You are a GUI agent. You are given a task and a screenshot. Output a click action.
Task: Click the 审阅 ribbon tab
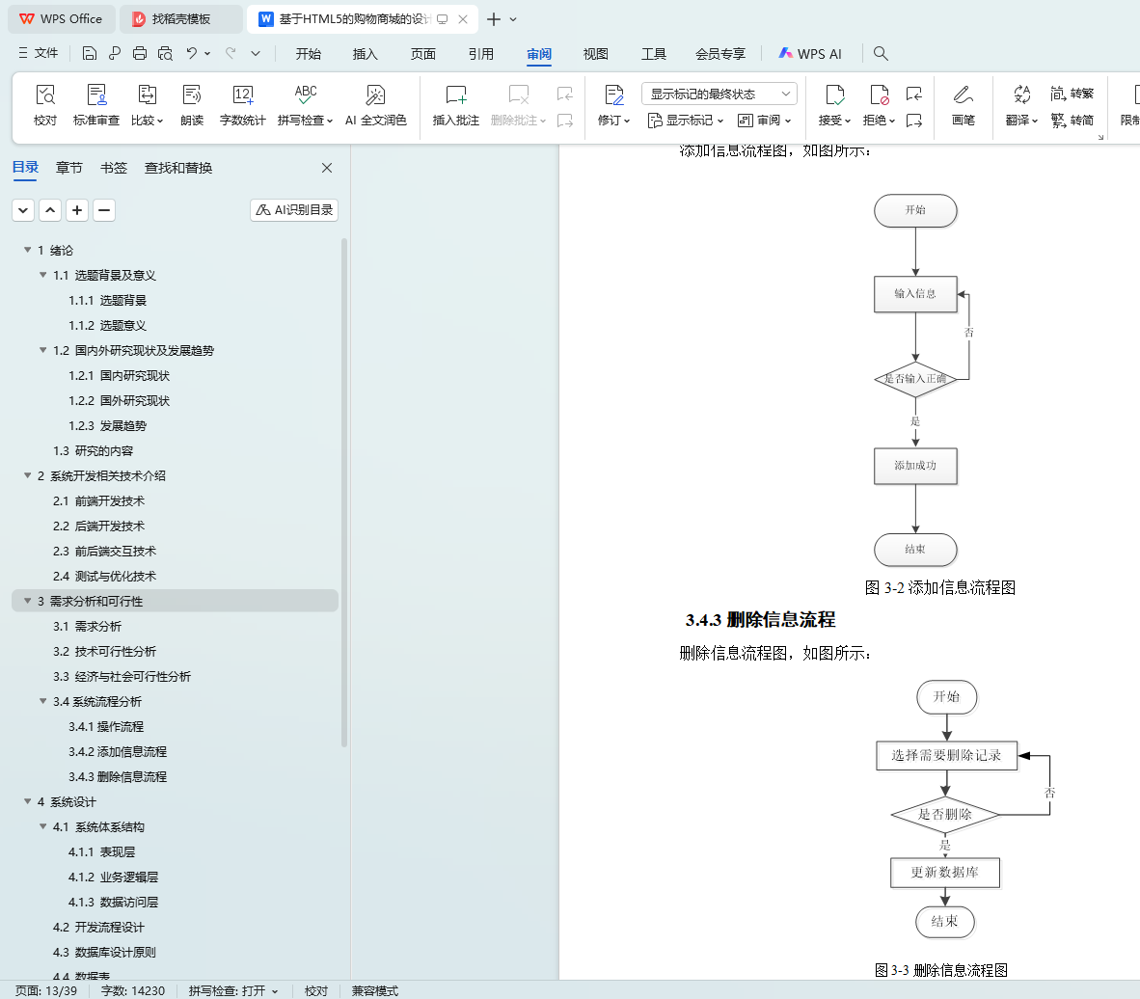(539, 54)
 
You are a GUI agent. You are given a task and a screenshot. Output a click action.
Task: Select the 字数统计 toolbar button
(242, 105)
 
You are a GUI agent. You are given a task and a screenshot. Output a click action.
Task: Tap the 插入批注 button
(455, 105)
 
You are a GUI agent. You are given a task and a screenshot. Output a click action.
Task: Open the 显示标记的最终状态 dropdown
(719, 94)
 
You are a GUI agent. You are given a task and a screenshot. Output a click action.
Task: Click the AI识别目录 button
(294, 210)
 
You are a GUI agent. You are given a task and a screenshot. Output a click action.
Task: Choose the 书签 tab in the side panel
(114, 168)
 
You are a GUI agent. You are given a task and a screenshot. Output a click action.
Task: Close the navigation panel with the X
(327, 168)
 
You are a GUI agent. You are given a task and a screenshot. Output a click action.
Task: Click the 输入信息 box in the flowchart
(915, 294)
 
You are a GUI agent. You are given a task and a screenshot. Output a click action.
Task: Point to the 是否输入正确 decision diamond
(915, 379)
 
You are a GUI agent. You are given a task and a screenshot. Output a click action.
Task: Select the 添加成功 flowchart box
(915, 466)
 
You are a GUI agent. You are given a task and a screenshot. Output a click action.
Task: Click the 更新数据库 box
(944, 873)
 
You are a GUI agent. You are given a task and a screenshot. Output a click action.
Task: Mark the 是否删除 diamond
(944, 815)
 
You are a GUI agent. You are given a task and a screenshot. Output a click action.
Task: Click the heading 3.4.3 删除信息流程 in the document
(760, 620)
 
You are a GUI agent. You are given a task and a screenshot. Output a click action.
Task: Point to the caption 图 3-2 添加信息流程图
(939, 587)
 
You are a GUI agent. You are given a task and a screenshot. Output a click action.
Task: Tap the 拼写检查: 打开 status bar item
(232, 990)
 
